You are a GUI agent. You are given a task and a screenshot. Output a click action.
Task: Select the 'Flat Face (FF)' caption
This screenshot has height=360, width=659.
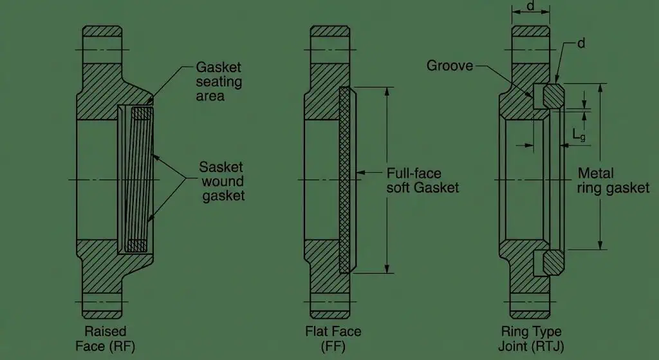click(x=333, y=339)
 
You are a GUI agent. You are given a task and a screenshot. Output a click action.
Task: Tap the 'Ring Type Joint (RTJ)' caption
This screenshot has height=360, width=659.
click(x=531, y=339)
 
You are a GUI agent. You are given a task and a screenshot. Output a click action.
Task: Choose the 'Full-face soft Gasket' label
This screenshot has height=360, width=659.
click(x=423, y=180)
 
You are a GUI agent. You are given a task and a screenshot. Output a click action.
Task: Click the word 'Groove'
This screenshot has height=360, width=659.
click(x=450, y=66)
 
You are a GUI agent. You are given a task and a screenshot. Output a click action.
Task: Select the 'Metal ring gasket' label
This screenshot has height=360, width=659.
click(x=613, y=181)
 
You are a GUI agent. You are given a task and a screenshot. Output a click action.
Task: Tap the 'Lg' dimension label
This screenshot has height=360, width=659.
click(x=579, y=134)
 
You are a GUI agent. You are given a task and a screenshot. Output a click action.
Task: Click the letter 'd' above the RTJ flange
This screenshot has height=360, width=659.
click(x=531, y=6)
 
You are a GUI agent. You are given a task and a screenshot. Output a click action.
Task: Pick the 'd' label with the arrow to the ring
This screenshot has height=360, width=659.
click(x=580, y=44)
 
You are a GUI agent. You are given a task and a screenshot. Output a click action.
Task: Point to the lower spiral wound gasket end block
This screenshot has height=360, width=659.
click(x=138, y=245)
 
